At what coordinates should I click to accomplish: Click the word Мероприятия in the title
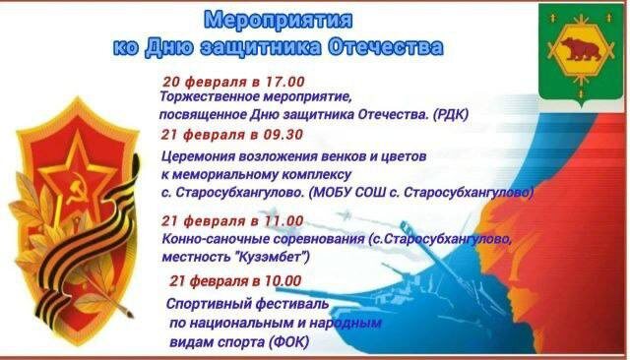[x=278, y=20]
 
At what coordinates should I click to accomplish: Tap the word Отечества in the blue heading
[x=386, y=47]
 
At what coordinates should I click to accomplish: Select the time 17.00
[x=284, y=82]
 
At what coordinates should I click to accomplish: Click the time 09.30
[x=283, y=135]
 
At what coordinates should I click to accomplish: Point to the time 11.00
[x=283, y=220]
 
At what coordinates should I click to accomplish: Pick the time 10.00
[x=282, y=280]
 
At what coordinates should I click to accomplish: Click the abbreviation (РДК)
[x=451, y=115]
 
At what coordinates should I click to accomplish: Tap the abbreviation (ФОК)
[x=290, y=342]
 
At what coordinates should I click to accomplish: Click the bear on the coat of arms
[x=581, y=48]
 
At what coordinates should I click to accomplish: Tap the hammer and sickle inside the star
[x=76, y=188]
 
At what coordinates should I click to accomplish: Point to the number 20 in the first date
[x=171, y=82]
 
